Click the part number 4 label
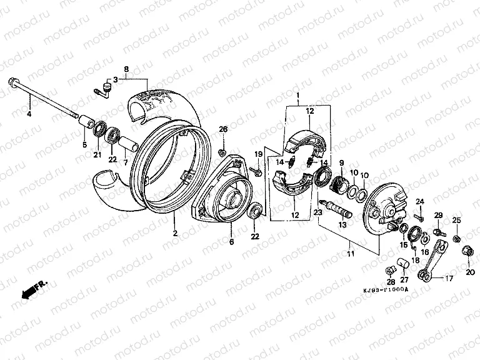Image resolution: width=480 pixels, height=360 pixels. tap(27, 113)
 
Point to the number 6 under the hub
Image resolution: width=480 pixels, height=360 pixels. tap(231, 241)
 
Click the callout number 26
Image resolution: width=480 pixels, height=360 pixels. tap(223, 129)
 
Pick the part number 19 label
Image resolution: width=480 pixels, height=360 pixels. tap(256, 154)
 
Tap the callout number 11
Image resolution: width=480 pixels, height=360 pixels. tap(350, 254)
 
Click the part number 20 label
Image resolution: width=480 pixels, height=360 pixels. tap(470, 263)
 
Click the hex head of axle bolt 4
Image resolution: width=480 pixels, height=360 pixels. tap(12, 81)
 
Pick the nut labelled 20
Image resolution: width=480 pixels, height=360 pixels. tap(467, 251)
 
